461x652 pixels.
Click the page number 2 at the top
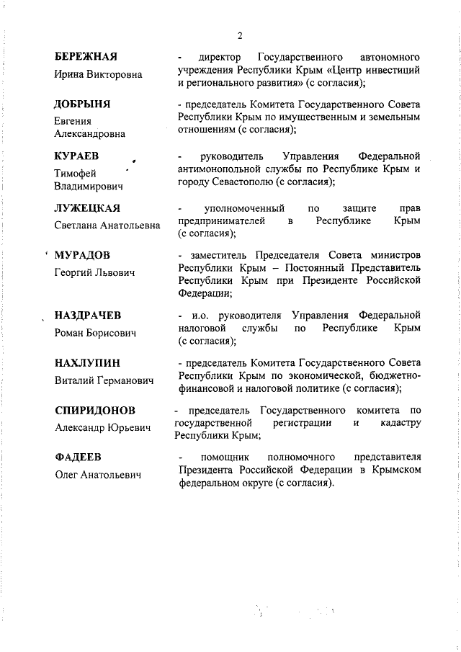[240, 35]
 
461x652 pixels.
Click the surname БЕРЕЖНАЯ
[86, 57]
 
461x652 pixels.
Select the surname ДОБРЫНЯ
[82, 105]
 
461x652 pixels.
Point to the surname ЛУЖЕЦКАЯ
[87, 209]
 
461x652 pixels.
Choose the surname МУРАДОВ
[83, 256]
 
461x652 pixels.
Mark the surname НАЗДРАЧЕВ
[88, 316]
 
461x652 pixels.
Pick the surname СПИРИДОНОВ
[95, 410]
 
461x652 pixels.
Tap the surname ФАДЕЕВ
[78, 457]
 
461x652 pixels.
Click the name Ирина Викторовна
[98, 74]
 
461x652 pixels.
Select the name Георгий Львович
[94, 273]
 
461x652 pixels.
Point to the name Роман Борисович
[95, 334]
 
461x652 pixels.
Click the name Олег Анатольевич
[98, 475]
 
